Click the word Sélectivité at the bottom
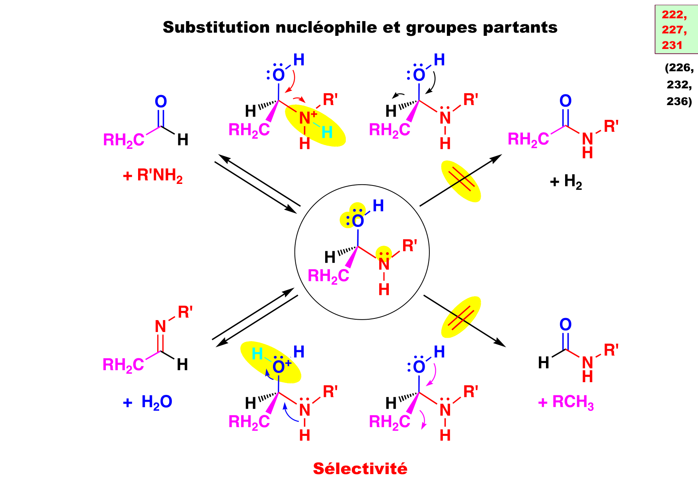[x=360, y=469]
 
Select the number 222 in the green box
[x=674, y=15]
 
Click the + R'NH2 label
[x=153, y=176]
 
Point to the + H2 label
[x=566, y=182]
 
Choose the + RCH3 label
[x=566, y=402]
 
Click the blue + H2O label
[x=148, y=402]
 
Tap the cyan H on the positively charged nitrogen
[x=327, y=133]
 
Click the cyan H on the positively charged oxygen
[x=257, y=354]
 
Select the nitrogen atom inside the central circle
[x=384, y=264]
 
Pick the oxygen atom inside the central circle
[x=358, y=221]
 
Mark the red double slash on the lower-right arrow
[x=461, y=317]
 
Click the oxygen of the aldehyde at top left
[x=161, y=102]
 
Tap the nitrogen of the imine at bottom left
[x=160, y=327]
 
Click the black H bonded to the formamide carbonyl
[x=544, y=363]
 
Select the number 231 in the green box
[x=672, y=45]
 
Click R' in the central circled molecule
[x=409, y=246]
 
